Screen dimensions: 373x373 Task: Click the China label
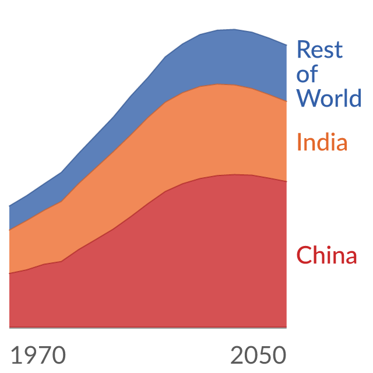[x=326, y=255]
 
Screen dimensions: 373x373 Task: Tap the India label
[x=322, y=142]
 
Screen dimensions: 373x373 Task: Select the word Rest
[x=320, y=50]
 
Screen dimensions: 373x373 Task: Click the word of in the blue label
[x=307, y=74]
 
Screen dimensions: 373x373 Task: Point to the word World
[x=329, y=98]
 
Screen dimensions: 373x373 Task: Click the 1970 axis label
[x=38, y=355]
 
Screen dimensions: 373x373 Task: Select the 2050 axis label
[x=258, y=355]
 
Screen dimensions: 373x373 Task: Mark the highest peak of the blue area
[x=234, y=29]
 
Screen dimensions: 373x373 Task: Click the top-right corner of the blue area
[x=287, y=45]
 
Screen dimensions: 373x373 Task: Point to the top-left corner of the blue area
[x=9, y=206]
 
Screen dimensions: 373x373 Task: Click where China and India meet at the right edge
[x=287, y=181]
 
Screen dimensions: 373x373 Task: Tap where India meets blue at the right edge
[x=287, y=101]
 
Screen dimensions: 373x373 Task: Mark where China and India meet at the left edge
[x=9, y=273]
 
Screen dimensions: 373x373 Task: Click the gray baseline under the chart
[x=148, y=328]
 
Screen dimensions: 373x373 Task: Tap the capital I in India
[x=299, y=142]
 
